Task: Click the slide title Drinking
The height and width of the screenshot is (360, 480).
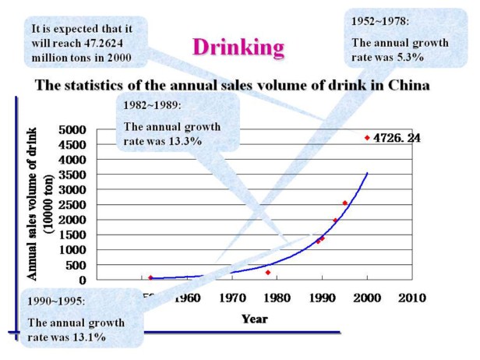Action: [x=238, y=48]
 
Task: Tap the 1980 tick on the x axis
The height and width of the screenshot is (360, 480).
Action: [x=277, y=298]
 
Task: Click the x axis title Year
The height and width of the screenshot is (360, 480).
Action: [x=255, y=318]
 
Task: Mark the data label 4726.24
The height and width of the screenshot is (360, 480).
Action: [x=397, y=138]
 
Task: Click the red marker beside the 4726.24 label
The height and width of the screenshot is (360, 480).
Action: [x=367, y=138]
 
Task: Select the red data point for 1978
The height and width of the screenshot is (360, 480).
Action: [x=267, y=272]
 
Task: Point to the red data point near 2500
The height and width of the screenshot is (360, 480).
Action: [x=344, y=203]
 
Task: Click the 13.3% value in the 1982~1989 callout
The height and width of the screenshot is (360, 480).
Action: [x=187, y=141]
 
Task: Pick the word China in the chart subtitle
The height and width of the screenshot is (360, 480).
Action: [x=409, y=85]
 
